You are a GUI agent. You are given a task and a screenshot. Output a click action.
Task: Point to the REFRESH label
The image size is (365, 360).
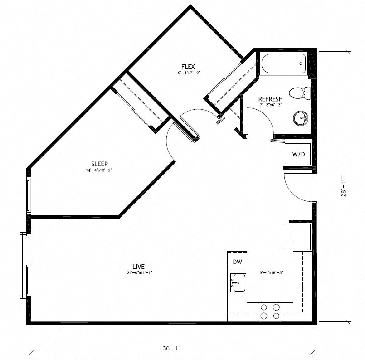click(270, 99)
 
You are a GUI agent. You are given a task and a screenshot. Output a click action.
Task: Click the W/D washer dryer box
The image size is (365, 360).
click(298, 155)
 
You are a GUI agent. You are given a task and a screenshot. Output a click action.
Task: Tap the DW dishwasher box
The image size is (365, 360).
click(237, 262)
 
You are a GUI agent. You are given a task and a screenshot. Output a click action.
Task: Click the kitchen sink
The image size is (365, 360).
click(238, 283)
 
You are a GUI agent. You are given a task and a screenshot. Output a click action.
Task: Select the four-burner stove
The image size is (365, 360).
click(270, 311)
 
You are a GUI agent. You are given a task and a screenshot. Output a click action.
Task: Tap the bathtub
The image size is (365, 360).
click(283, 65)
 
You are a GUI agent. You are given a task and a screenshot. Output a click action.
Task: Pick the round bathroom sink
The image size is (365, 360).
click(301, 119)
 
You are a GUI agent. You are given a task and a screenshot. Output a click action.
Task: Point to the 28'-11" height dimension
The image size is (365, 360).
click(346, 186)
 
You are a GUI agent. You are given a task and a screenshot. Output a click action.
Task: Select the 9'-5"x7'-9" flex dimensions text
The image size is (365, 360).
click(186, 73)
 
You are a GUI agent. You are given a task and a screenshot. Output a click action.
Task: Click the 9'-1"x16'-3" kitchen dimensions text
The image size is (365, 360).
click(272, 273)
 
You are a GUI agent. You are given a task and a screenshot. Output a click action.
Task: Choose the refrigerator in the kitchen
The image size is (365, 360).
click(296, 236)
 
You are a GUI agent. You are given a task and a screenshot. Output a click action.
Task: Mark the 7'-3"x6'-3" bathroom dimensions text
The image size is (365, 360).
click(271, 105)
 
